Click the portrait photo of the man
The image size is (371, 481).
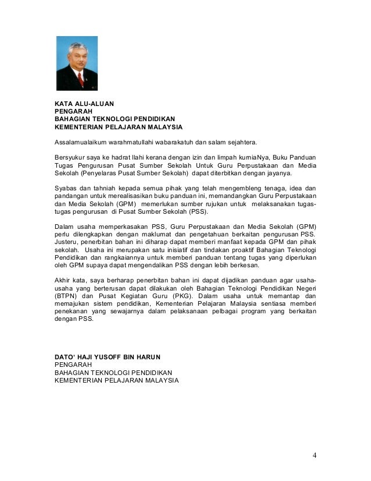click(x=77, y=63)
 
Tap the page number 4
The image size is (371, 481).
click(x=314, y=455)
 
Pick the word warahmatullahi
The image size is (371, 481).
click(x=135, y=142)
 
